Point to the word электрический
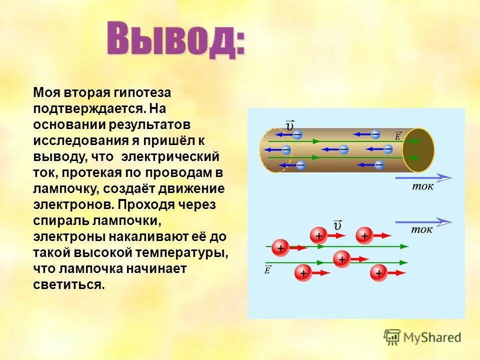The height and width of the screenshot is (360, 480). [x=170, y=156]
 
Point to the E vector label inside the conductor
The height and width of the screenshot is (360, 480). [x=398, y=135]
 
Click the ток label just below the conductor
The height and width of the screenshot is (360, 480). [x=423, y=187]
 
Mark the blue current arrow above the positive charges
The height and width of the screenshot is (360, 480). [x=423, y=221]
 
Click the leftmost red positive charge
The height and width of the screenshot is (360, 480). [x=280, y=247]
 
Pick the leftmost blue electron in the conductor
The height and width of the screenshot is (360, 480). [x=285, y=149]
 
